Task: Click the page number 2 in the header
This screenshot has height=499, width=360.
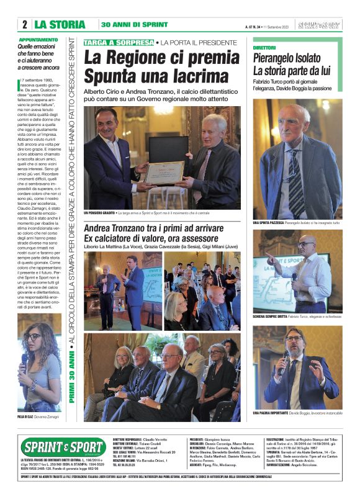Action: (25, 25)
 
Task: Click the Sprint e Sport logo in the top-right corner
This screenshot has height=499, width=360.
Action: (318, 25)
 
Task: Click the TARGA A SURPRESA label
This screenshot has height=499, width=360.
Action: (119, 42)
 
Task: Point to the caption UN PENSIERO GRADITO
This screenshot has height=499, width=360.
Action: (99, 213)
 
